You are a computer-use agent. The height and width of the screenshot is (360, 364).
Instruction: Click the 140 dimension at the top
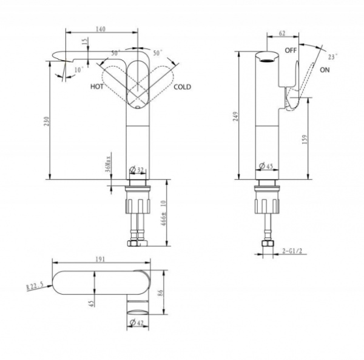tap(101, 27)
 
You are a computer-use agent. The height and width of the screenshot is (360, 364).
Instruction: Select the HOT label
tap(96, 87)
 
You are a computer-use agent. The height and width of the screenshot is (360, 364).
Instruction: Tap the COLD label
tap(182, 87)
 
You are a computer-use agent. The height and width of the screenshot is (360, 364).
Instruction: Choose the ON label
tap(325, 70)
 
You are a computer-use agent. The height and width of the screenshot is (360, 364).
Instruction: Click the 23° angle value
tap(332, 56)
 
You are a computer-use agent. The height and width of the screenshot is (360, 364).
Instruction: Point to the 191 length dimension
tap(101, 259)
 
